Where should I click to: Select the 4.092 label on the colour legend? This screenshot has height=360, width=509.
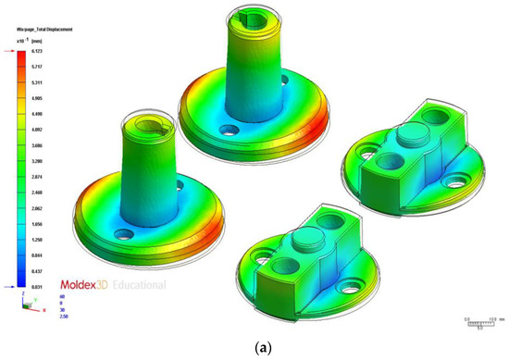point(35,130)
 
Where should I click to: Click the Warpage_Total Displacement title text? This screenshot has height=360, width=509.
point(45,30)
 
